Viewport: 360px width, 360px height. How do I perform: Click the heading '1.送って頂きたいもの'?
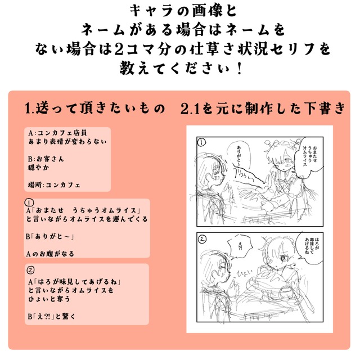click(x=96, y=108)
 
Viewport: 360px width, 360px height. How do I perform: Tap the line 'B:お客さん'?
click(x=46, y=159)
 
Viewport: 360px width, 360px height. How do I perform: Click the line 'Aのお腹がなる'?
click(x=51, y=254)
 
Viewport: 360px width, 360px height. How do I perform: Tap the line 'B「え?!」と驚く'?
click(x=51, y=316)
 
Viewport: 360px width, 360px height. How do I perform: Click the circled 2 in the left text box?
click(x=31, y=268)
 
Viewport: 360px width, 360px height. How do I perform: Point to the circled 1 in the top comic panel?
click(x=201, y=144)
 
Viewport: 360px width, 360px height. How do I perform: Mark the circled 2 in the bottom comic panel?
click(x=201, y=238)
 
